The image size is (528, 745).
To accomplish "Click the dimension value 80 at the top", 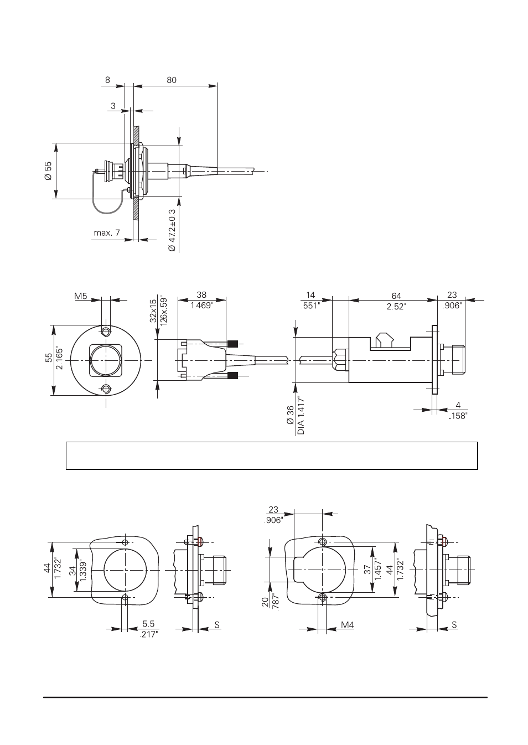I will pyautogui.click(x=171, y=80).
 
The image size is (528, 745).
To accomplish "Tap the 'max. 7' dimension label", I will pyautogui.click(x=107, y=233).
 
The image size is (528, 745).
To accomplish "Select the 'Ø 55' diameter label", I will pyautogui.click(x=48, y=170).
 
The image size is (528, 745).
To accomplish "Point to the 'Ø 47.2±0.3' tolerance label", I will pyautogui.click(x=172, y=230).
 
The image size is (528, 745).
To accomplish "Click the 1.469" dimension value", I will pyautogui.click(x=201, y=305).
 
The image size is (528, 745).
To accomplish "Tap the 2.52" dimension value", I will pyautogui.click(x=396, y=306).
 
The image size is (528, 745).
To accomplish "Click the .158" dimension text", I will pyautogui.click(x=458, y=415).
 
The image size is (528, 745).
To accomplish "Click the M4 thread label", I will pyautogui.click(x=347, y=625).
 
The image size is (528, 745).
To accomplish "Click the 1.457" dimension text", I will pyautogui.click(x=378, y=570).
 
